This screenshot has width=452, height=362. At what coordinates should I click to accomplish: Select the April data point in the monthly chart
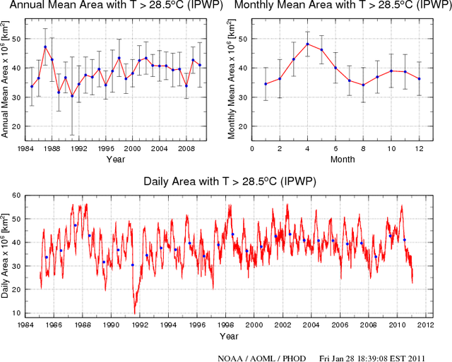point(307,44)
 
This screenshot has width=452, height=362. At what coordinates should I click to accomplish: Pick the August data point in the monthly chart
point(363,85)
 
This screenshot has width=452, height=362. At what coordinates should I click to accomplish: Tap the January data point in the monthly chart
point(266,84)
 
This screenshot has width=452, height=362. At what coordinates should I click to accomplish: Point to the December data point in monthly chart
point(419,78)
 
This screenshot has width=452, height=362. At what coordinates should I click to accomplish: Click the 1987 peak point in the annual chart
point(45,47)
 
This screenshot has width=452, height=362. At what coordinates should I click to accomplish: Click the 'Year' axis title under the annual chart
point(116,159)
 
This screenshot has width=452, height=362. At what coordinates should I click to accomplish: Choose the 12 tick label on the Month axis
point(419,149)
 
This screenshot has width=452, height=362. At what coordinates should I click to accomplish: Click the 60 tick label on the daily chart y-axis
point(16,197)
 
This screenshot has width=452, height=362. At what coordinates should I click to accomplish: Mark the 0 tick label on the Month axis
point(252,149)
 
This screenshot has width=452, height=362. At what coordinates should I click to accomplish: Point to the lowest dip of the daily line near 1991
point(134,313)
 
